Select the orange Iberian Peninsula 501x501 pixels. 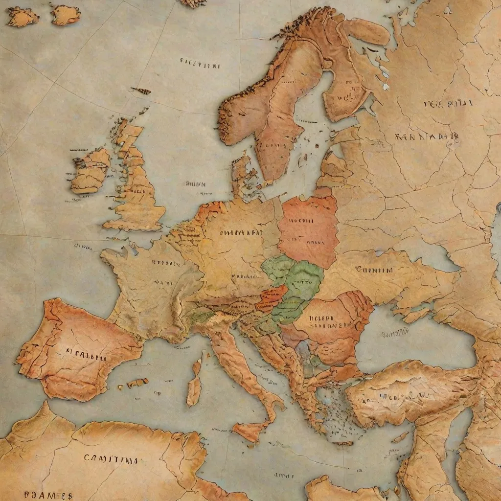tap(78, 352)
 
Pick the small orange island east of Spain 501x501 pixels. tap(138, 383)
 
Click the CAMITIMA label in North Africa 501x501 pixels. tap(111, 459)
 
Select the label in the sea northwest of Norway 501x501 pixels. tap(200, 64)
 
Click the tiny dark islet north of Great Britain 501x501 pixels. tap(142, 91)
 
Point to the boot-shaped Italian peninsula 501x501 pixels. tap(245, 367)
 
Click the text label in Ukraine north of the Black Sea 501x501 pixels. tap(374, 270)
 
